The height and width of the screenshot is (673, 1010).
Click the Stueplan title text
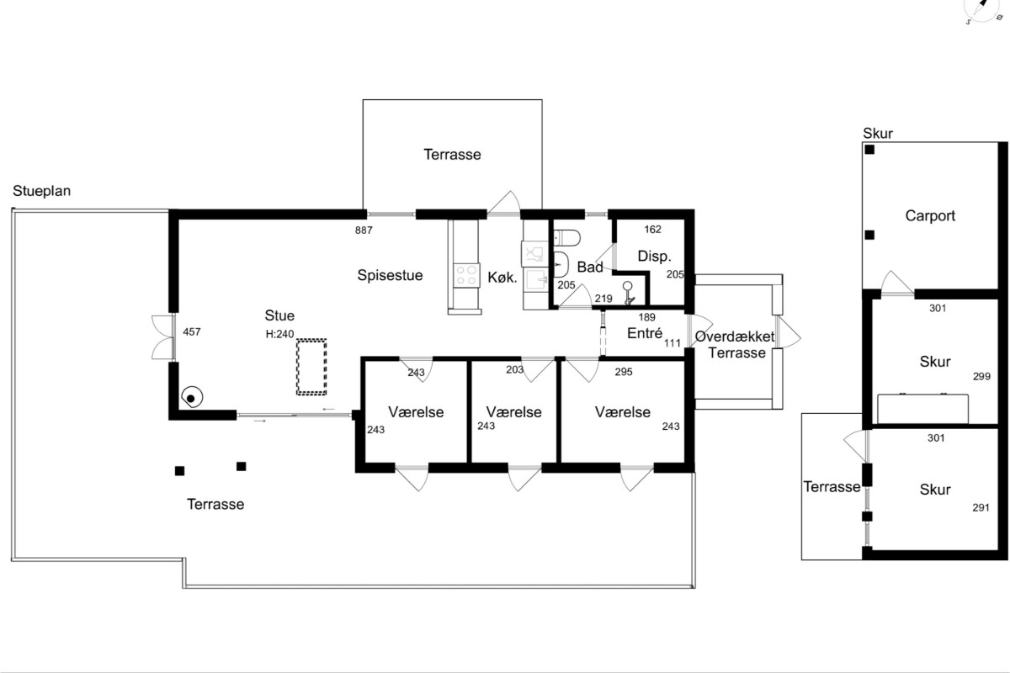click(41, 191)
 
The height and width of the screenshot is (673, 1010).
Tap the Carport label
click(930, 216)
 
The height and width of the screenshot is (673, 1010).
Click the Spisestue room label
click(390, 275)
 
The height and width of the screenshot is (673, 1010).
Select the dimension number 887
click(364, 231)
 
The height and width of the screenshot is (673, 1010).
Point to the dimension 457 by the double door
click(192, 332)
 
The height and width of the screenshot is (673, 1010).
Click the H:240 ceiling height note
click(279, 334)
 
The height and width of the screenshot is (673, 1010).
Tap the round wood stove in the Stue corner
click(192, 397)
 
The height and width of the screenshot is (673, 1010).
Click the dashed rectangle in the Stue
click(311, 368)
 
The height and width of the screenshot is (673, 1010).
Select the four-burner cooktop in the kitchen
click(466, 275)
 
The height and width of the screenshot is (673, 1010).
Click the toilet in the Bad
click(566, 237)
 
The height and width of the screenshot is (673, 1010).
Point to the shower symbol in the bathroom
click(628, 293)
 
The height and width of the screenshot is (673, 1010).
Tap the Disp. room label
click(654, 257)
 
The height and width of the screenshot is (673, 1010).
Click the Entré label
click(645, 333)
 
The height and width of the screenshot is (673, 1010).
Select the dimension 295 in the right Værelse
click(624, 372)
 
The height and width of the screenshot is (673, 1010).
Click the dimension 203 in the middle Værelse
click(514, 369)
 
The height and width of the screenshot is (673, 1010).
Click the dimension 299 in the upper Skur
click(981, 376)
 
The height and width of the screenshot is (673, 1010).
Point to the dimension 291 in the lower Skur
click(981, 508)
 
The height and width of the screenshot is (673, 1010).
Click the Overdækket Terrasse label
click(736, 344)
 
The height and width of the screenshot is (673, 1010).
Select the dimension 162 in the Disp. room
click(652, 230)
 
